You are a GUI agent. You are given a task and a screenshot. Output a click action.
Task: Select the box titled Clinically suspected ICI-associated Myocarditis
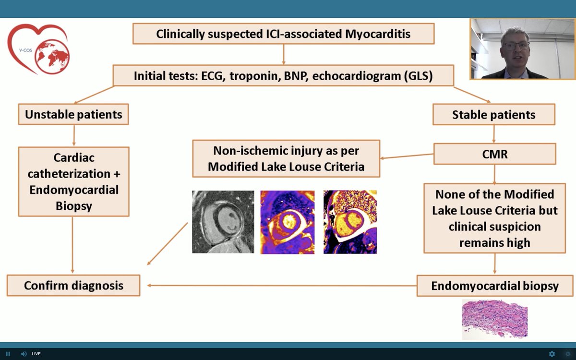(283, 34)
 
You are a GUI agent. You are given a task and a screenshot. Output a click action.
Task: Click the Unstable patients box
(73, 115)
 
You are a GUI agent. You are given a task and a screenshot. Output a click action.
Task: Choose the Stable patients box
(493, 115)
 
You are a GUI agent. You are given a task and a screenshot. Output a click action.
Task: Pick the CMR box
(494, 154)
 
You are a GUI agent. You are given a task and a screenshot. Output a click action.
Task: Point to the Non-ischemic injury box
(286, 158)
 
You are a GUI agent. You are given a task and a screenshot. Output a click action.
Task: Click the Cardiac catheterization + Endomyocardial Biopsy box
(73, 181)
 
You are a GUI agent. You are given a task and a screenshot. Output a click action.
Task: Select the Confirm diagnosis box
(73, 286)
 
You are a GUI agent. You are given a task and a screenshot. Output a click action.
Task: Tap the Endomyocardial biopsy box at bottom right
(494, 286)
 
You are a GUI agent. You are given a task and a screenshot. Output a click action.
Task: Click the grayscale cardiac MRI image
(223, 222)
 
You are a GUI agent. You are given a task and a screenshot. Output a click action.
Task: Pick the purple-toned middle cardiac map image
(288, 222)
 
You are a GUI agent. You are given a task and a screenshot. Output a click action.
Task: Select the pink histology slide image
(494, 319)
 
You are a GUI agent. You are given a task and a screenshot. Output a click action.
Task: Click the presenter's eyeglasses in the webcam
(515, 46)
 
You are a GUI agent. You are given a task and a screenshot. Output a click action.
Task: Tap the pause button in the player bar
(8, 354)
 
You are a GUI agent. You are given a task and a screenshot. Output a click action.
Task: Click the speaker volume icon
(24, 354)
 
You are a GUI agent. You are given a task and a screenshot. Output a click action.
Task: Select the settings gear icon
(552, 354)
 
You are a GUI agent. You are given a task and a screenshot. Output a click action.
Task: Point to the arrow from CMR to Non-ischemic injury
(407, 156)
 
